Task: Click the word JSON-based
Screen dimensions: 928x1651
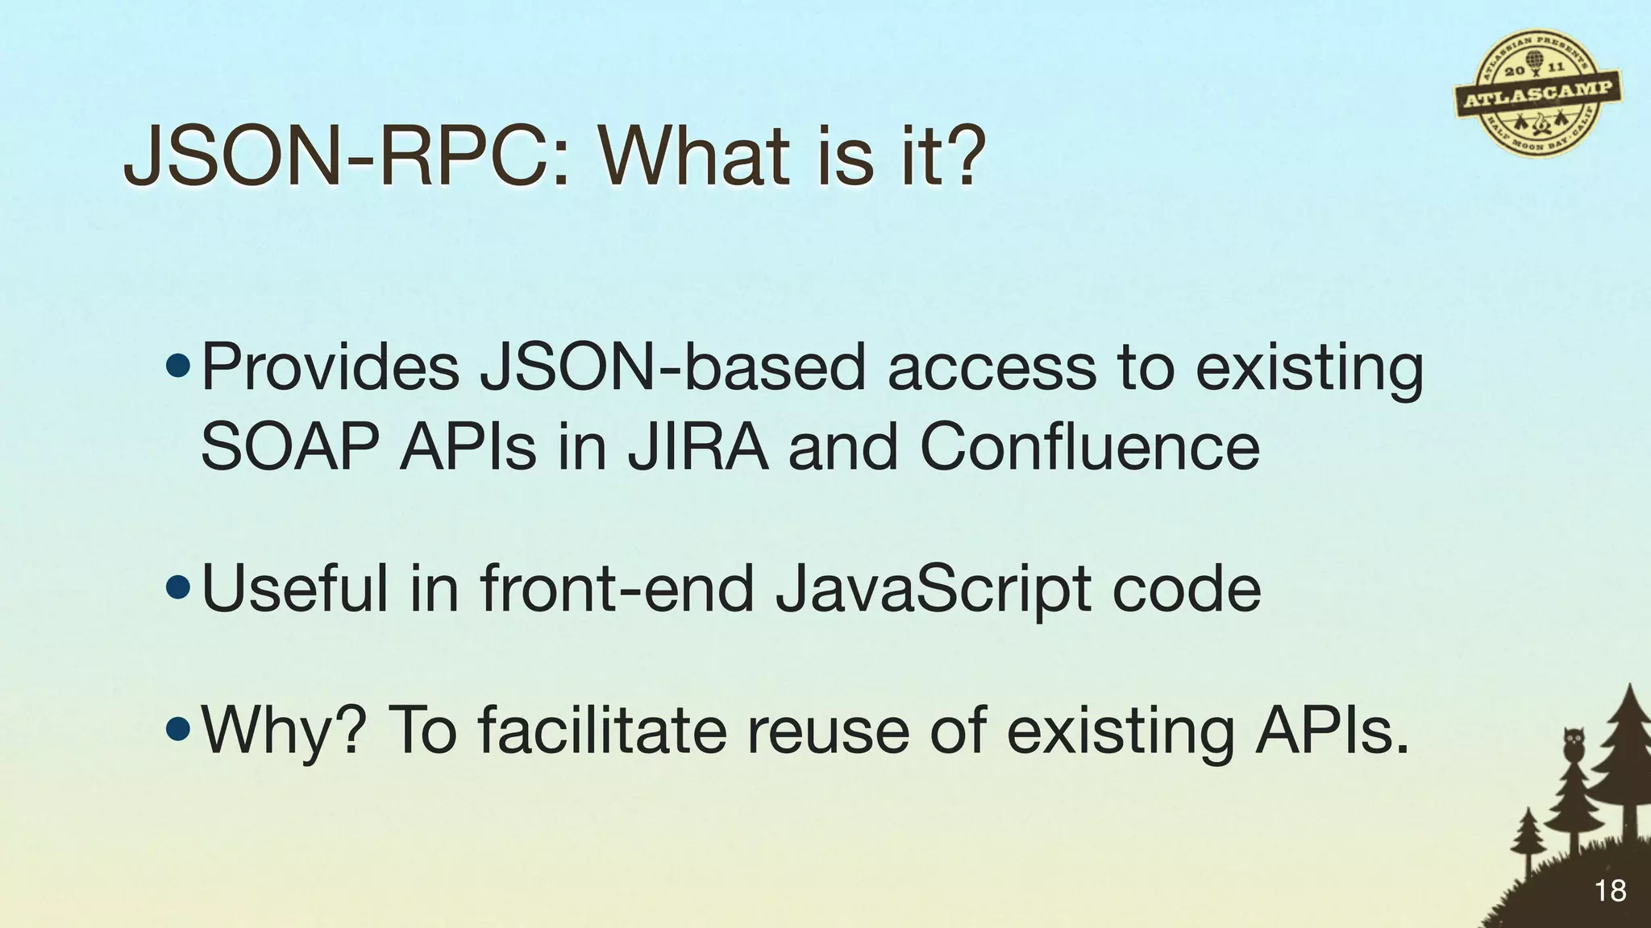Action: (x=673, y=367)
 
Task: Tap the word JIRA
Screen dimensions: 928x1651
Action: (x=698, y=448)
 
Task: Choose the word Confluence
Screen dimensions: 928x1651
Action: (x=1089, y=448)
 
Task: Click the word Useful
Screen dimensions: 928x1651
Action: (x=295, y=589)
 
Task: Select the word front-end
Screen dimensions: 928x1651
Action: (x=617, y=589)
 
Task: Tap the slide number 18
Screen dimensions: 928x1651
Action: (x=1610, y=891)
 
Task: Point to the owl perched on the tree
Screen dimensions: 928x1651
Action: (x=1573, y=744)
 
